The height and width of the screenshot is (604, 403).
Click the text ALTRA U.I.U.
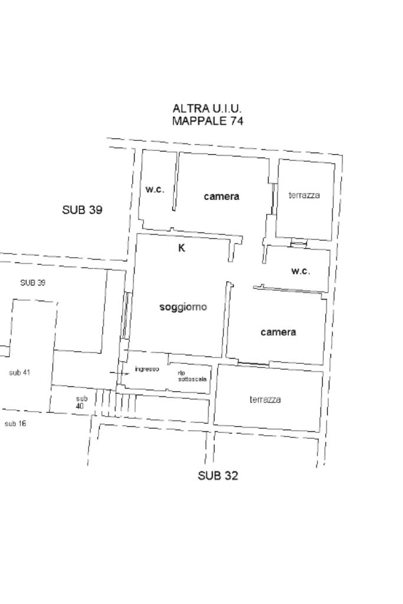point(207,109)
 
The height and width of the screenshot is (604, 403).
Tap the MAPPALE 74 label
point(207,121)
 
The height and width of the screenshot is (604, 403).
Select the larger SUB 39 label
point(82,210)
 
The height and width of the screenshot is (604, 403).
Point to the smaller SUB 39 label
point(33,283)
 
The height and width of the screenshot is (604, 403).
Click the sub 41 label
point(19,373)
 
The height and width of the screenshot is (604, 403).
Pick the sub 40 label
point(81,402)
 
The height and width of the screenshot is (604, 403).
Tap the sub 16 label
point(15,424)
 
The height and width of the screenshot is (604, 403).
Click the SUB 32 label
point(218,475)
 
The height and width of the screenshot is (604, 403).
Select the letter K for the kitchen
point(182,248)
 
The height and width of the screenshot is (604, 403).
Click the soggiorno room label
point(184,307)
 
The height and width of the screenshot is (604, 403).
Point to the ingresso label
point(147,369)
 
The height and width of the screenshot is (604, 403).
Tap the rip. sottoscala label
point(192,376)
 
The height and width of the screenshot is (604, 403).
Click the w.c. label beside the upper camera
point(155,189)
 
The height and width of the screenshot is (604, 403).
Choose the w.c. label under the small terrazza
point(300,271)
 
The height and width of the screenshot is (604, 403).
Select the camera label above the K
point(222,196)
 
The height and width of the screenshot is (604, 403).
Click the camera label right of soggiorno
point(279,332)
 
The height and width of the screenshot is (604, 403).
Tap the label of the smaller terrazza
point(304,195)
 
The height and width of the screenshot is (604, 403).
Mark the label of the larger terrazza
point(265,400)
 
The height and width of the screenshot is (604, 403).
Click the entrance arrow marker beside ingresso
point(120,373)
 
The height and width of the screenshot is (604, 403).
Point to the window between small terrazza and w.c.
point(299,243)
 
